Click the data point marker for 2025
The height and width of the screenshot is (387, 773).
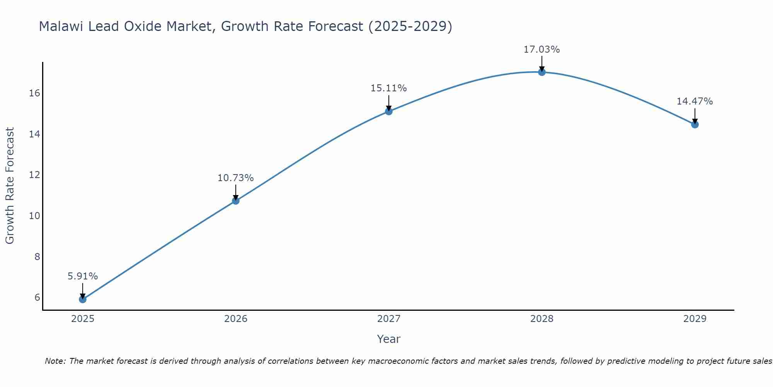82,299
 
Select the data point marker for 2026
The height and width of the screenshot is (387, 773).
235,200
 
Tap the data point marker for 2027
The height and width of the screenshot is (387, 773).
388,111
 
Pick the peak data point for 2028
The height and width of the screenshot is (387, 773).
541,72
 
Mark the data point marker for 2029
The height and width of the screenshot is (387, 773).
695,125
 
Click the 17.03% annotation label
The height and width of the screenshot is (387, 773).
541,50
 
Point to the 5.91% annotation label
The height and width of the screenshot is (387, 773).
82,276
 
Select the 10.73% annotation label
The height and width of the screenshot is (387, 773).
235,178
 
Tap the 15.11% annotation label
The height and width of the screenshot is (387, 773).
388,88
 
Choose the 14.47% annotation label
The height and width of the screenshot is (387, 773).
695,101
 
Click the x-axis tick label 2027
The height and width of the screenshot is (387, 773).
388,319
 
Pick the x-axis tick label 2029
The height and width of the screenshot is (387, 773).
695,319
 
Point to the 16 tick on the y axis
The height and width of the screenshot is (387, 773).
35,93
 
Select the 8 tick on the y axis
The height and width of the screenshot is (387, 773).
37,257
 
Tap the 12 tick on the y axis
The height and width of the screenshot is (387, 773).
35,175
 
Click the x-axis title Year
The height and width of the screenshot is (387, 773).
388,339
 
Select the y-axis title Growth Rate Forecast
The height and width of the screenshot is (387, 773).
10,186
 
